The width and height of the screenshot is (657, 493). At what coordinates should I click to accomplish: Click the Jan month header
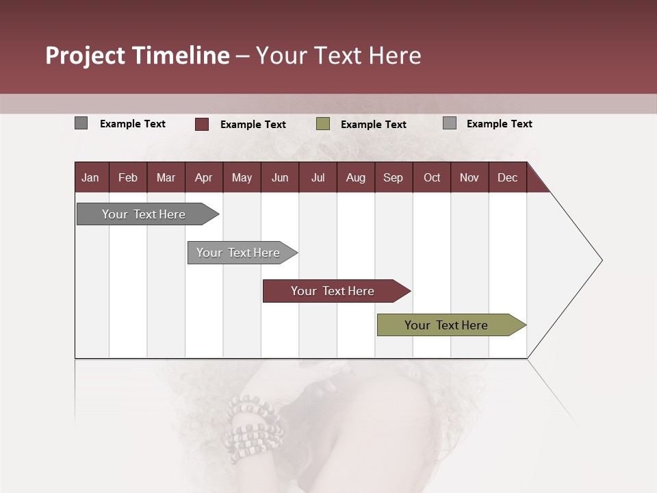click(x=90, y=178)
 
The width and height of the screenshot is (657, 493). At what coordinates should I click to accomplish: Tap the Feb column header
click(x=128, y=178)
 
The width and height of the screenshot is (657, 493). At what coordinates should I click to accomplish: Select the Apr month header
click(x=203, y=178)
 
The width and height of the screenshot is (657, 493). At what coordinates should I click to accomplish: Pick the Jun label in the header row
click(x=280, y=178)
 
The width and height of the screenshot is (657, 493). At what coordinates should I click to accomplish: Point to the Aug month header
click(x=355, y=178)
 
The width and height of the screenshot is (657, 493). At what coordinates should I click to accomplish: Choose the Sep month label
click(x=393, y=178)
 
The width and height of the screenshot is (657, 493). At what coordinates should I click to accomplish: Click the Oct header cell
click(x=432, y=178)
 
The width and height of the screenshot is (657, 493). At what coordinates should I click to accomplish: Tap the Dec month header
click(x=507, y=178)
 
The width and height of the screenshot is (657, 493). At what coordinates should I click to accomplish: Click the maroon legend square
click(x=202, y=124)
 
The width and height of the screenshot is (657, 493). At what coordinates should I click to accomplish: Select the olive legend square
click(x=323, y=124)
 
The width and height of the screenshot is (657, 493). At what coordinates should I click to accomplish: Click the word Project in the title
click(x=85, y=55)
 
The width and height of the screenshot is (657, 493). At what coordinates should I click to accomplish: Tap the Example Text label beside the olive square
click(x=373, y=125)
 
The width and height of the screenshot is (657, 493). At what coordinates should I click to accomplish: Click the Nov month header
click(x=469, y=178)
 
